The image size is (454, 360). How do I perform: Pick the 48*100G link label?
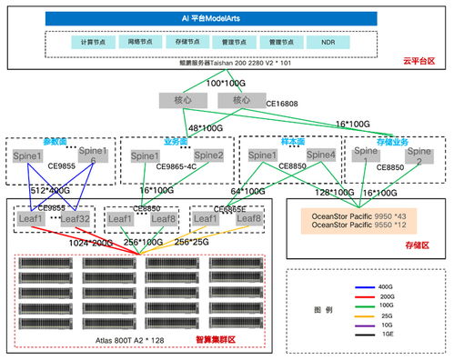point(206,128)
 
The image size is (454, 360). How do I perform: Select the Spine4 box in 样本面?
point(319,155)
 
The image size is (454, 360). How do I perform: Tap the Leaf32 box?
point(76,219)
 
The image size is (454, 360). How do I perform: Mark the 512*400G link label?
point(51,190)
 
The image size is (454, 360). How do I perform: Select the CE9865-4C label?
point(177,167)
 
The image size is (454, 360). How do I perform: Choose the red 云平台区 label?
point(422,61)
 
